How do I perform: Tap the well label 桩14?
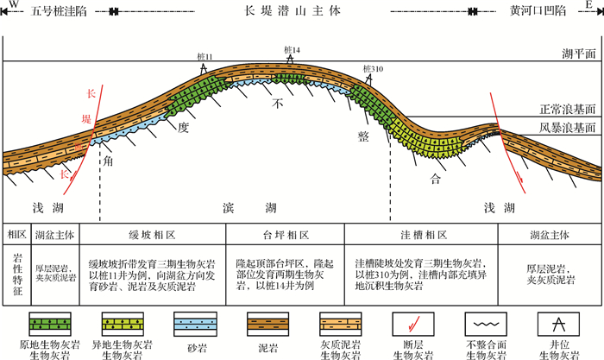292,49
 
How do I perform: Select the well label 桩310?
373,68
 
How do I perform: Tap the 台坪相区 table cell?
285,235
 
